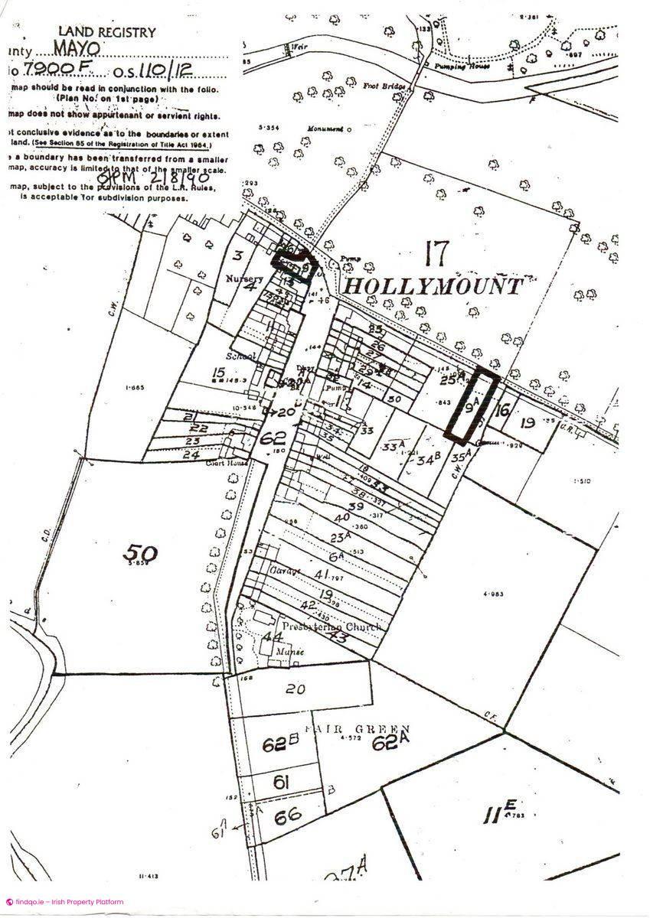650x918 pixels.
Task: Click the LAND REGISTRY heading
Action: point(106,32)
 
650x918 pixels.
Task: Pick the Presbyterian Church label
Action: point(331,627)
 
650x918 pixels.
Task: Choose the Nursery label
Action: point(243,278)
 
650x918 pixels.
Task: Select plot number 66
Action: point(287,816)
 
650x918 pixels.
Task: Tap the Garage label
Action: point(282,571)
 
